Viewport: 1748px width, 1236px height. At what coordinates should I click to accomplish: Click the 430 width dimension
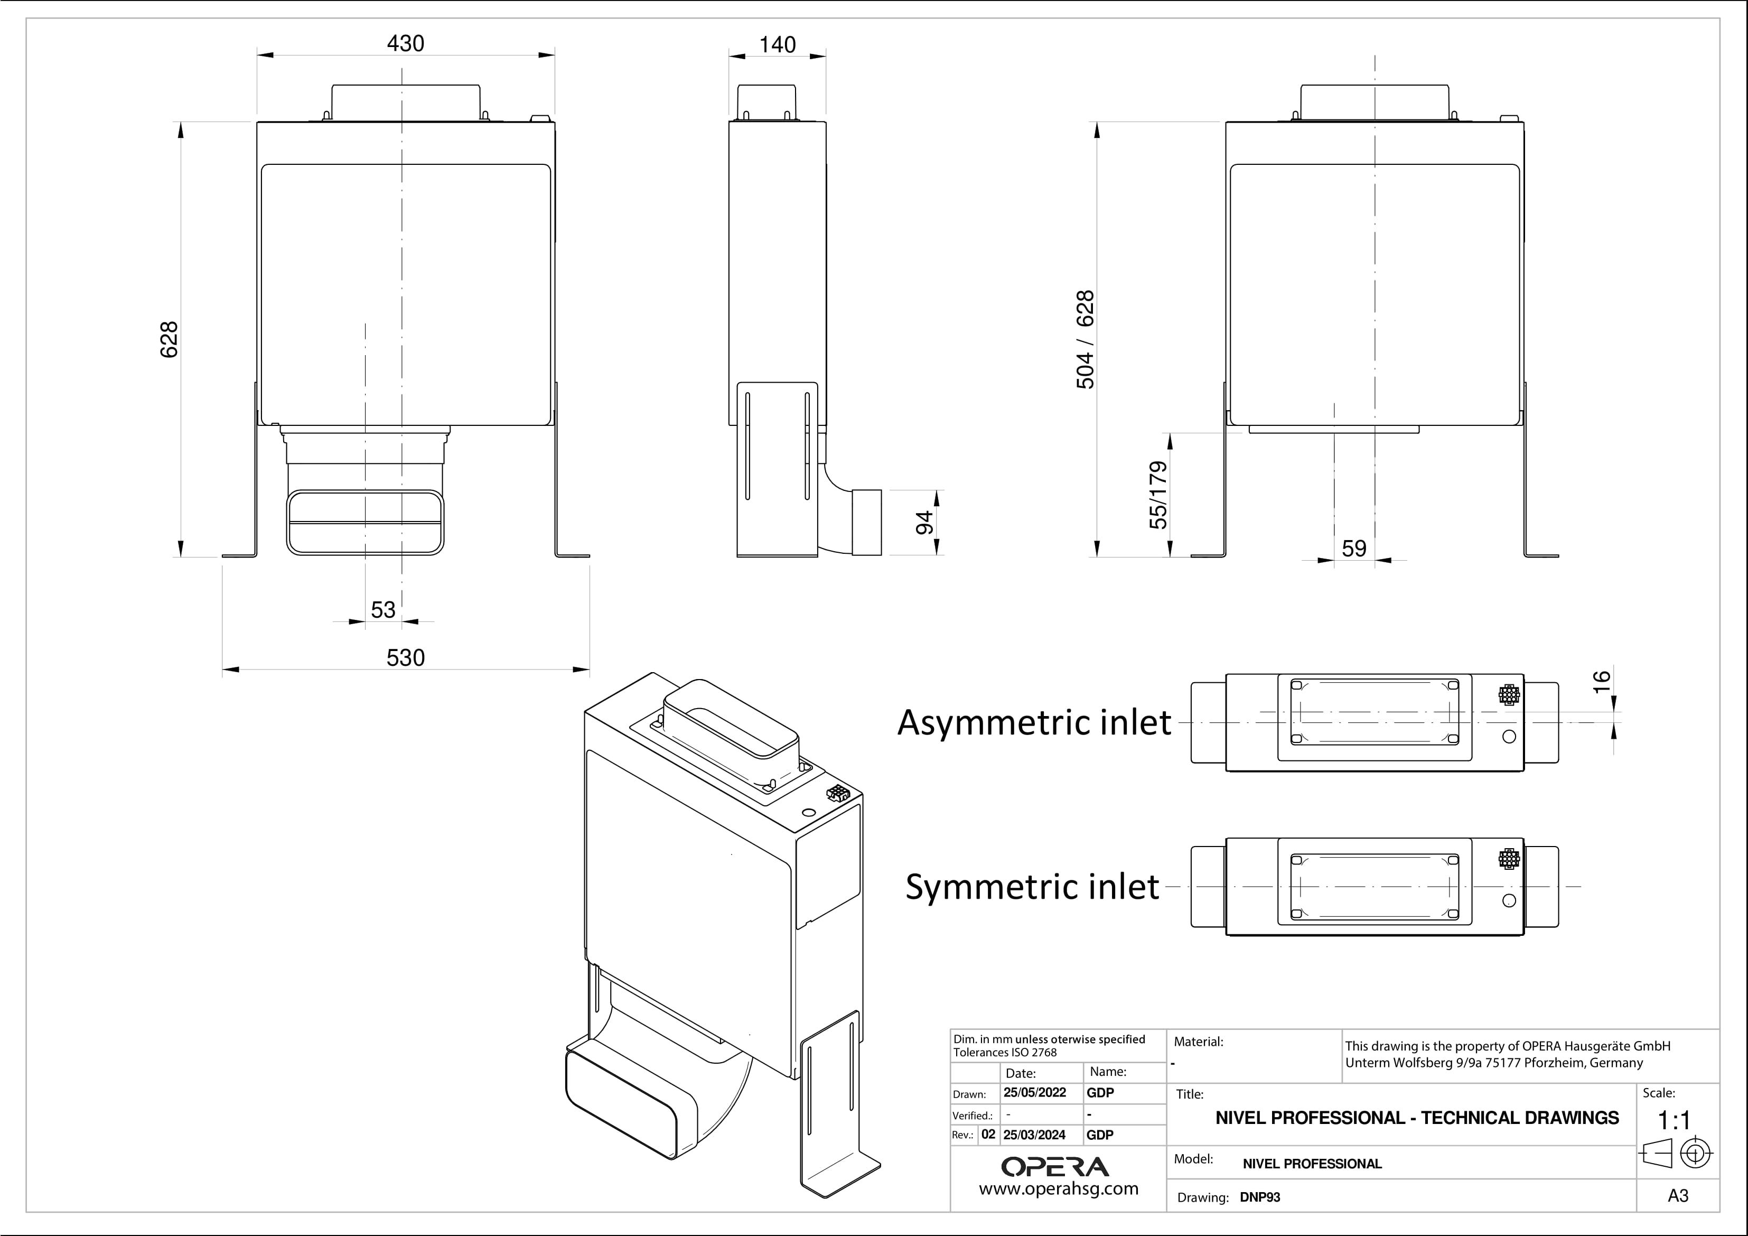[405, 43]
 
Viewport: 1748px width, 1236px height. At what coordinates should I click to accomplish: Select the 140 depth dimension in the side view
[777, 45]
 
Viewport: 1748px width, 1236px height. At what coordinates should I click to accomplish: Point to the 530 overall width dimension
[405, 657]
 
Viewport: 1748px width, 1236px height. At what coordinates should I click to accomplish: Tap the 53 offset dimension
[383, 609]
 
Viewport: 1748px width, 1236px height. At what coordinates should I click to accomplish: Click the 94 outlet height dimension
[923, 523]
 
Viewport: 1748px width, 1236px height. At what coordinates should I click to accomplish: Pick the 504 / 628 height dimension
[1085, 340]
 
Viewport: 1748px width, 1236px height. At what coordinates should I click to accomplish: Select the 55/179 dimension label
[1157, 495]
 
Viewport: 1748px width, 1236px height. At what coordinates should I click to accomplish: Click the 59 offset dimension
[1353, 549]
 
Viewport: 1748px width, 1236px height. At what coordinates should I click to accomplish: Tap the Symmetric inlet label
[1032, 887]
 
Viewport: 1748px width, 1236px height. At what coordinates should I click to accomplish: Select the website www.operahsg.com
[1058, 1189]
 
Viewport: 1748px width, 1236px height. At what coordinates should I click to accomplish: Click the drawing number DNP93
[1260, 1197]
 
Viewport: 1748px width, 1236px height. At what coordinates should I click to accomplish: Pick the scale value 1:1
[1674, 1120]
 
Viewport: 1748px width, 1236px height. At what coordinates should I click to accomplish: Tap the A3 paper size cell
[1677, 1196]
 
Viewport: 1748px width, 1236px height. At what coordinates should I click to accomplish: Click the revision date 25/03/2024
[1034, 1135]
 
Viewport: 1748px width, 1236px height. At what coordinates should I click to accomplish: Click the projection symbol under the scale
[1677, 1153]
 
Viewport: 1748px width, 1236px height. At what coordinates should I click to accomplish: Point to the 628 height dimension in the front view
[169, 340]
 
